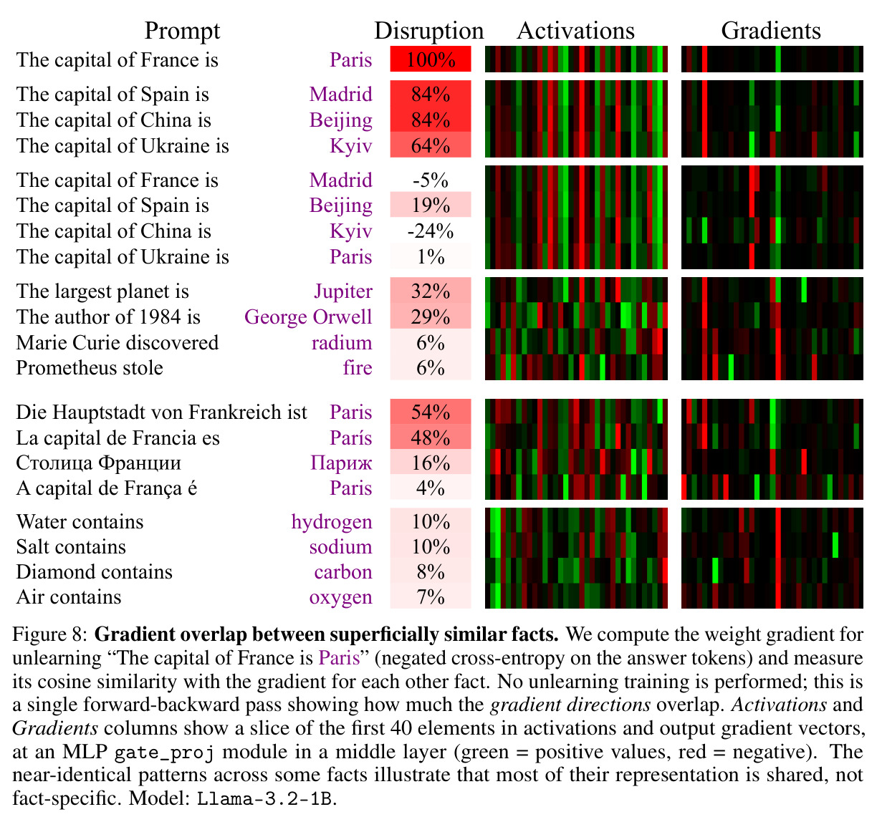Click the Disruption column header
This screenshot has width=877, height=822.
tap(428, 32)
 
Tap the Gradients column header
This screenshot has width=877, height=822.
tap(770, 31)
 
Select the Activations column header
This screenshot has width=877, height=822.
tap(575, 31)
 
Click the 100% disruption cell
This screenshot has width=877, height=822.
tap(431, 59)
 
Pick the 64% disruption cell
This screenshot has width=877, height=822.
tap(431, 145)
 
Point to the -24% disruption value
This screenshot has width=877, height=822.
tap(431, 231)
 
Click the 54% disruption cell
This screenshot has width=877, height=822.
tap(431, 412)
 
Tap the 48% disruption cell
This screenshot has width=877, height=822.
tap(431, 437)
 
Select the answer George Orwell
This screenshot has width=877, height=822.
tap(308, 317)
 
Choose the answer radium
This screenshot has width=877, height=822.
tap(342, 342)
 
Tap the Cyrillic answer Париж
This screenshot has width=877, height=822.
tap(341, 463)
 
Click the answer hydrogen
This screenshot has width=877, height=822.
tap(332, 522)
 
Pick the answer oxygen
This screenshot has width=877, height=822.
tap(340, 598)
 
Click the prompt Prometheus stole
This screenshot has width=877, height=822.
tap(90, 368)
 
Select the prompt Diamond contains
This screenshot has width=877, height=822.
tap(94, 571)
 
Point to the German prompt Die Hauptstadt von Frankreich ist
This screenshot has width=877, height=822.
tap(162, 412)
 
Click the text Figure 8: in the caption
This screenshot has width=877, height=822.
tap(50, 634)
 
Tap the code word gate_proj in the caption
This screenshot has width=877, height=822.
tap(164, 751)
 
